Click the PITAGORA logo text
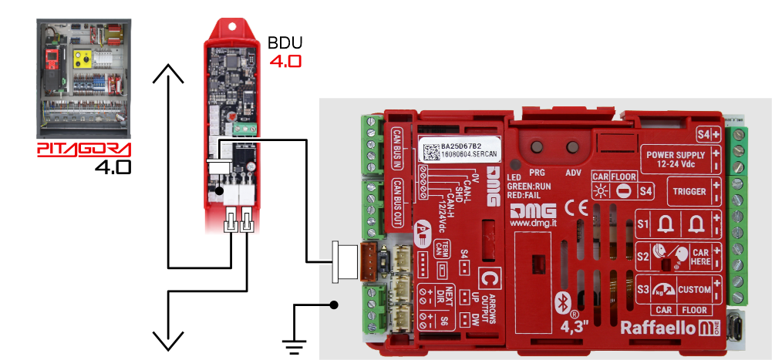pos(84,149)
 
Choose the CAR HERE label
pos(700,257)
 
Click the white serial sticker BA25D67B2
pos(460,150)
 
